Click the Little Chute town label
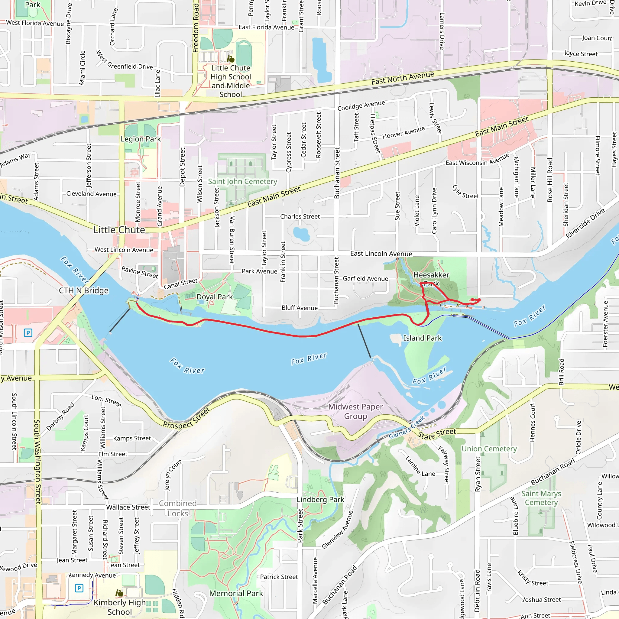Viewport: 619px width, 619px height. point(119,230)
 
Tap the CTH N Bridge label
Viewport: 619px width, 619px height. point(84,290)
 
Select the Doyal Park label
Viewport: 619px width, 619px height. point(214,297)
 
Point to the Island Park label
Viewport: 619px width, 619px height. point(422,338)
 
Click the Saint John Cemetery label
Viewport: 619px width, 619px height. point(242,181)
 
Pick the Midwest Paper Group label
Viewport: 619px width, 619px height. point(355,411)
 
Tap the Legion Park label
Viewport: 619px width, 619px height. point(141,139)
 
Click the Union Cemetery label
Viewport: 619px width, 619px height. point(489,449)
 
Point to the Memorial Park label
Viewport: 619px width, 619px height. point(236,593)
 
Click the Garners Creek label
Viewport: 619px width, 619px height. point(407,427)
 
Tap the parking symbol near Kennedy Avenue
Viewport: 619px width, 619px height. point(79,588)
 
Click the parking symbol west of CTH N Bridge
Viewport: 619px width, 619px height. point(28,332)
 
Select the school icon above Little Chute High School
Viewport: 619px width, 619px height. point(230,59)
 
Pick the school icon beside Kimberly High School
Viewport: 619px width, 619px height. point(119,593)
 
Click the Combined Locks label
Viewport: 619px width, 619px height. point(178,508)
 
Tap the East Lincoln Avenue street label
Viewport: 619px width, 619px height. point(381,254)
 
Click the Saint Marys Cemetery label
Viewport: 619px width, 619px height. point(541,498)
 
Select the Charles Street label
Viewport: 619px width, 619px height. point(300,217)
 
